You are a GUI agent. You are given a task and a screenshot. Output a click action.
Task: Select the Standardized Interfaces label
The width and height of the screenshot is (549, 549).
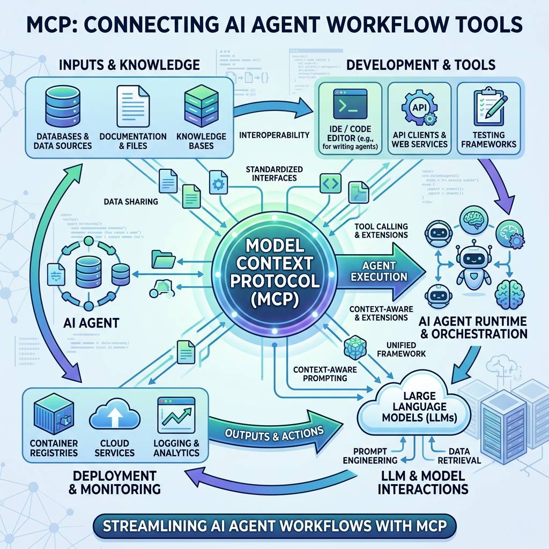[274, 174]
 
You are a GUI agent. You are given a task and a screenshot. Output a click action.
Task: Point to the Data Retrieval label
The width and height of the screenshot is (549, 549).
[459, 456]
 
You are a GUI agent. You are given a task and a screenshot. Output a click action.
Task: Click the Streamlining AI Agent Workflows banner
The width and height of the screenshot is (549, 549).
[274, 526]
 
